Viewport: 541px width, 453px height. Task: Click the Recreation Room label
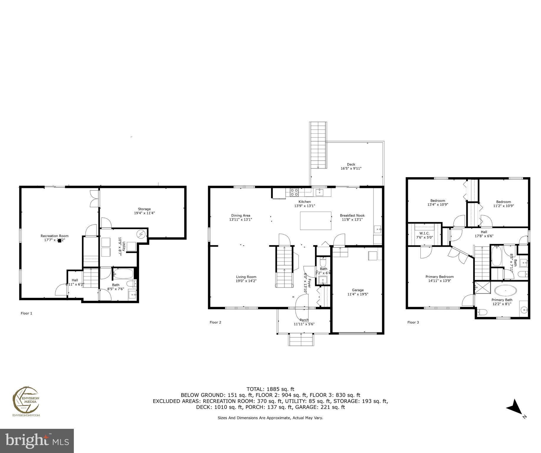(x=55, y=236)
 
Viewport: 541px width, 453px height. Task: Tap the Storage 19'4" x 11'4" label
(x=144, y=211)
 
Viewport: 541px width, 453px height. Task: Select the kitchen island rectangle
(x=315, y=221)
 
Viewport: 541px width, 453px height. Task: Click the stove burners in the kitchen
(x=294, y=192)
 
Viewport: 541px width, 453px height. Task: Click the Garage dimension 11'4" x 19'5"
(x=358, y=294)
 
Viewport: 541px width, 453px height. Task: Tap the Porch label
(x=304, y=320)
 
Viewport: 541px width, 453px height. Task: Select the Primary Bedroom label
(x=439, y=277)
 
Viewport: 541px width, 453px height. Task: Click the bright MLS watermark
(x=37, y=441)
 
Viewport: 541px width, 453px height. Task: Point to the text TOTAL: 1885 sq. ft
(x=270, y=389)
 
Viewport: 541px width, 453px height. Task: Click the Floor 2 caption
(x=215, y=322)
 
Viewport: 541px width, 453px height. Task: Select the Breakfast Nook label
(x=352, y=216)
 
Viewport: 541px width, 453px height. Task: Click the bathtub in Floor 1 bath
(x=123, y=274)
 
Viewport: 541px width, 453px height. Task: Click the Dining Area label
(x=240, y=216)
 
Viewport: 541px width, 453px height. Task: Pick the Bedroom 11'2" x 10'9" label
(x=503, y=202)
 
